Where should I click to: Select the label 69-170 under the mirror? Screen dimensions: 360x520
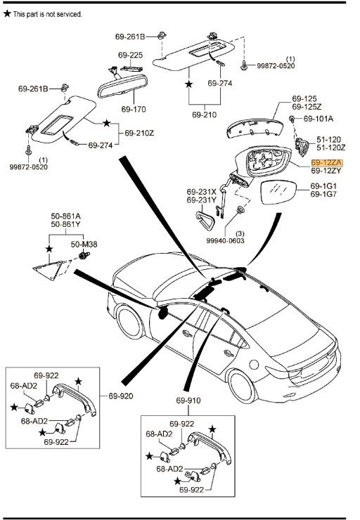pos(134,109)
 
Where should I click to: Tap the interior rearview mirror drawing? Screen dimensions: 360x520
pos(123,86)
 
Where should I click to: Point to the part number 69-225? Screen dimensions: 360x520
pos(130,55)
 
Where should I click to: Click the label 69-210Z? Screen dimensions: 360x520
pos(139,134)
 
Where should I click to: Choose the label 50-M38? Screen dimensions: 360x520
pos(84,245)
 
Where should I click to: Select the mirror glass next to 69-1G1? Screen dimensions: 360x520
pos(278,193)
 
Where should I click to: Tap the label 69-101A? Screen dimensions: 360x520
pos(319,119)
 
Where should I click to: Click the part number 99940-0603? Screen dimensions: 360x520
pos(225,240)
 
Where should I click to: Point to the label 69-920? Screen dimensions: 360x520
pos(121,396)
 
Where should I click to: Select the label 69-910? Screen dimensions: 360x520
pos(188,401)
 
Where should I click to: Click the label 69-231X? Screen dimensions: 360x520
pos(201,192)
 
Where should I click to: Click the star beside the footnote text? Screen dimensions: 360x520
pos(7,13)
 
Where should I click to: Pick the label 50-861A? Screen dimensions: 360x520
pos(65,216)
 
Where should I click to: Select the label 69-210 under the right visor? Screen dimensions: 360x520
pos(205,115)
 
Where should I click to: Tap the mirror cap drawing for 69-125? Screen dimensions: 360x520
pos(254,128)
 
